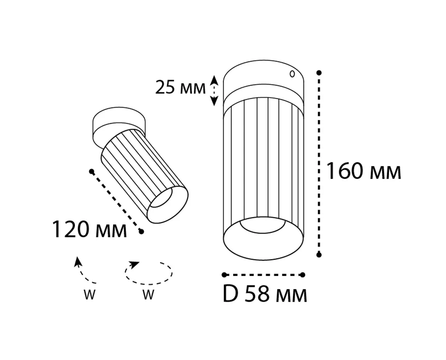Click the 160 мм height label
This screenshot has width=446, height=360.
click(363, 171)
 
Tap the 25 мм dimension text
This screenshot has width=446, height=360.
click(180, 87)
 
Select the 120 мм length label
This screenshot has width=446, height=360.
click(89, 229)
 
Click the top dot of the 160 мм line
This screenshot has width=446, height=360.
click(319, 73)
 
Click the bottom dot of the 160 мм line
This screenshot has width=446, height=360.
click(319, 255)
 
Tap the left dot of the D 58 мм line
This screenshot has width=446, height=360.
click(224, 274)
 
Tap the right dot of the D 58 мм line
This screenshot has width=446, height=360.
click(303, 274)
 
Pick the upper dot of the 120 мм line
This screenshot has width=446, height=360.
click(91, 171)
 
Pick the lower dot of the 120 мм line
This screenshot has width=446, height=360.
click(141, 232)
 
